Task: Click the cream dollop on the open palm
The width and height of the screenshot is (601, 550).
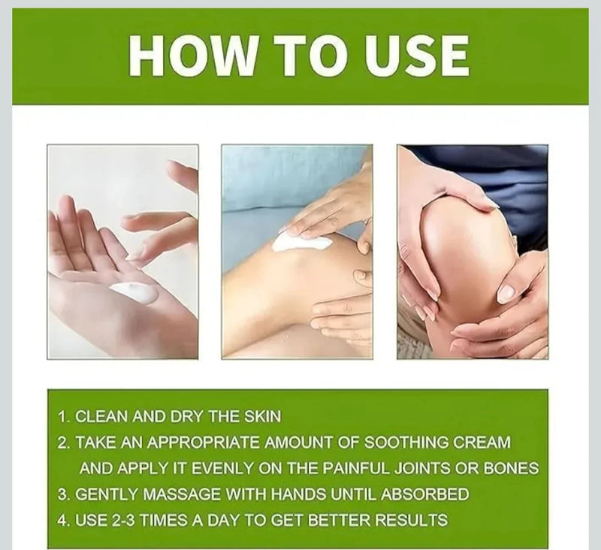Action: [134, 292]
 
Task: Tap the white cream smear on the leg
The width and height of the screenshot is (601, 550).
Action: [301, 242]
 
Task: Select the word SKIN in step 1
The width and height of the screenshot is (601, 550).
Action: [242, 416]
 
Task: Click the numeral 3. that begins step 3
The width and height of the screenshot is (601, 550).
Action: [64, 494]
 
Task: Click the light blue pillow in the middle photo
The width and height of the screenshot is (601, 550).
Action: [270, 180]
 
